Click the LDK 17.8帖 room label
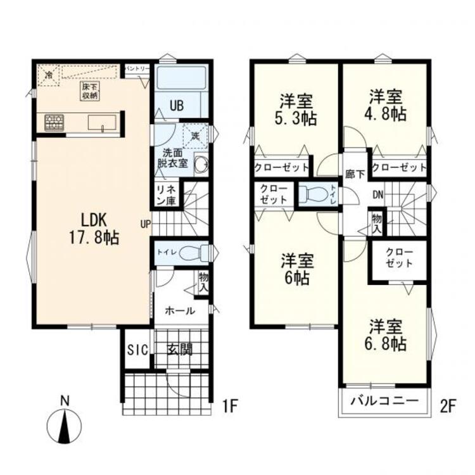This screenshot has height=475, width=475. [94, 229]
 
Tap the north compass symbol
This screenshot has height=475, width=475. [64, 425]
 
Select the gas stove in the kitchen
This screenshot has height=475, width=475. [53, 122]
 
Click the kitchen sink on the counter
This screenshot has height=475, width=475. [101, 122]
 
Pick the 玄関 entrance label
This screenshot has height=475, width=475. [180, 350]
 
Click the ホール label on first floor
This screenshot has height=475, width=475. [179, 311]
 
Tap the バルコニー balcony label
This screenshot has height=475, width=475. [384, 402]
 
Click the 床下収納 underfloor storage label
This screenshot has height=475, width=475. [89, 91]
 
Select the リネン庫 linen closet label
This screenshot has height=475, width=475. [167, 196]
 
